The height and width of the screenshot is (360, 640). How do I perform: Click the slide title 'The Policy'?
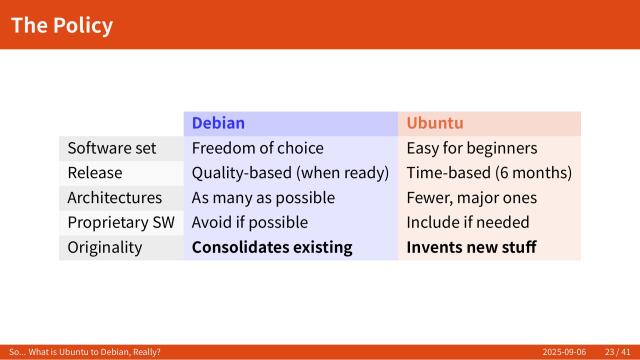click(62, 25)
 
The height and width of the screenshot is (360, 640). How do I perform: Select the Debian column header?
click(218, 123)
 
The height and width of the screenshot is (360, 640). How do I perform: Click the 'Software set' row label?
click(112, 148)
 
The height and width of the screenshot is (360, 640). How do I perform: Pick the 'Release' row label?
click(95, 173)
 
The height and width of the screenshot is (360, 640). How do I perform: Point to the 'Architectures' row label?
click(114, 197)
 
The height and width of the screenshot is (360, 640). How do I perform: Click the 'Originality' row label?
click(105, 247)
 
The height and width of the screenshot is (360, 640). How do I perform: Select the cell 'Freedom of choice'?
click(257, 148)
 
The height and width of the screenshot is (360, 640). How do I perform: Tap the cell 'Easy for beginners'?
click(471, 148)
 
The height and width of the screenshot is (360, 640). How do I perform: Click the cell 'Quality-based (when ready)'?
click(290, 173)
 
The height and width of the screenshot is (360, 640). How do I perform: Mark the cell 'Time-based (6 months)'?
click(489, 173)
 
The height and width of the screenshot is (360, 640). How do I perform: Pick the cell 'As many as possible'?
click(263, 197)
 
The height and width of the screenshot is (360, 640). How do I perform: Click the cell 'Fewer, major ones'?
click(471, 197)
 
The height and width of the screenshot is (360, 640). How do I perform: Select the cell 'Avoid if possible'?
click(250, 222)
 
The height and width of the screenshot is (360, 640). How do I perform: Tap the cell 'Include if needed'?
click(467, 222)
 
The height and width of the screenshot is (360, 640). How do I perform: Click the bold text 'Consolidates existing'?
click(272, 247)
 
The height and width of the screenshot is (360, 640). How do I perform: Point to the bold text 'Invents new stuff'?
click(471, 247)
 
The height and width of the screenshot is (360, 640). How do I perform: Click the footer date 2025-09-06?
click(564, 352)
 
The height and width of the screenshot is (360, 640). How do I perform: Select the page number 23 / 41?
click(617, 352)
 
